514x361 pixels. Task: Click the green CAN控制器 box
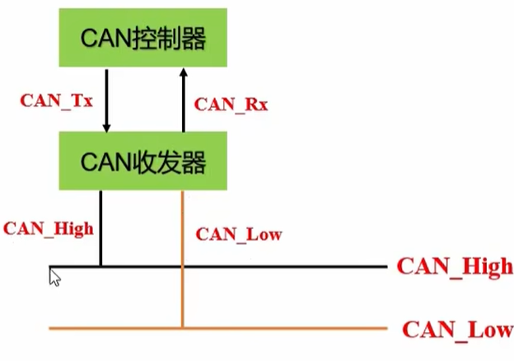click(x=142, y=39)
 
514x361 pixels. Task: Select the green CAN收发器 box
click(x=142, y=161)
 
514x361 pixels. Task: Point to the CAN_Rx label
click(x=231, y=105)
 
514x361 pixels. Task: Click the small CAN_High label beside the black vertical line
click(x=49, y=228)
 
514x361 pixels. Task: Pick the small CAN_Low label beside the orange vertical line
click(x=239, y=234)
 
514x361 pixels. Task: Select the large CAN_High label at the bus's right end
click(x=455, y=266)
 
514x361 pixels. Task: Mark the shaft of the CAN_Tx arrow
click(x=105, y=95)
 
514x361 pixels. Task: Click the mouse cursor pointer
click(x=54, y=275)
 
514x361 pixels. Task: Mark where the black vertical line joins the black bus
click(x=100, y=266)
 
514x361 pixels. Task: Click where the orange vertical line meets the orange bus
click(x=182, y=329)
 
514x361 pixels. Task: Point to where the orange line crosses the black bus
click(x=182, y=266)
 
